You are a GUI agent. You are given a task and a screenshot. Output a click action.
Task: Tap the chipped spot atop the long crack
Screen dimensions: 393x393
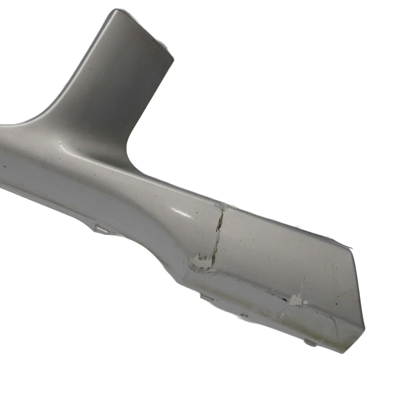coord(221,206)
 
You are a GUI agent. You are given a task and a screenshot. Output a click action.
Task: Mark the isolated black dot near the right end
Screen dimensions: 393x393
coord(336,303)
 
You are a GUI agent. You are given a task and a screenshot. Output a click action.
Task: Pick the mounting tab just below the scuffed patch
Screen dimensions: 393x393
coord(207,298)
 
